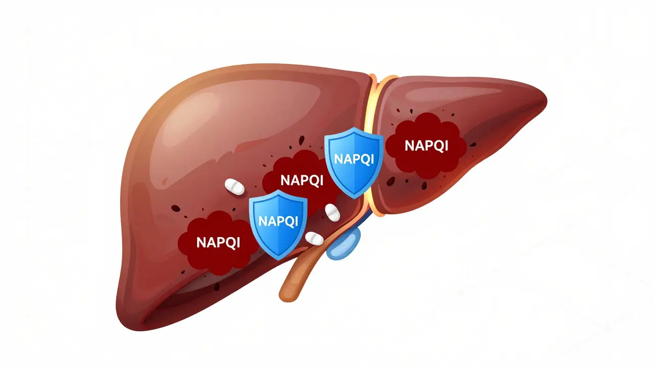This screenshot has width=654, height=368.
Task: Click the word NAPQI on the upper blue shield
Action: [354, 159]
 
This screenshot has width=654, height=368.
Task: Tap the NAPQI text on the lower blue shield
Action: [278, 221]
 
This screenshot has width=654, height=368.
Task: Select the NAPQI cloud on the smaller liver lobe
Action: [426, 146]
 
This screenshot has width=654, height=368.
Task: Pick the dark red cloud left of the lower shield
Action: [218, 243]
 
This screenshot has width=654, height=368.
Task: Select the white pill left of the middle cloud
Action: [235, 187]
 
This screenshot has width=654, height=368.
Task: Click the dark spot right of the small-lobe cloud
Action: [473, 145]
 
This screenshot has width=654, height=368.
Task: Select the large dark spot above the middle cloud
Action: [301, 140]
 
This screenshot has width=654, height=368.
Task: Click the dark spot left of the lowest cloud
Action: [175, 208]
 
